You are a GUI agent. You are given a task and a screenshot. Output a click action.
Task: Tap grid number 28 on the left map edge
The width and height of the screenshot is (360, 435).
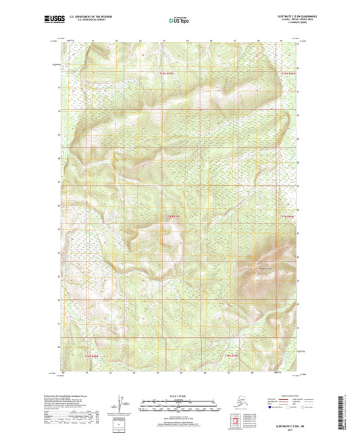(x=59, y=159)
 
